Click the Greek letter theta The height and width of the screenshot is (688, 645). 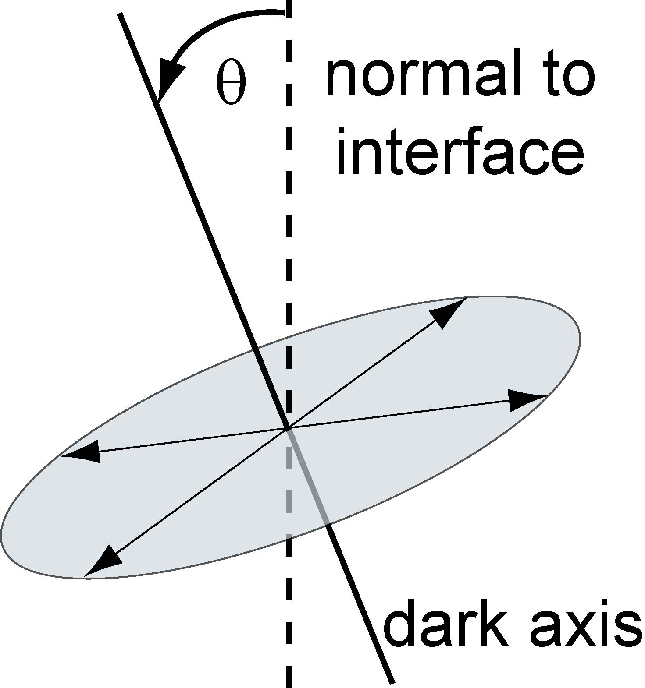pyautogui.click(x=231, y=83)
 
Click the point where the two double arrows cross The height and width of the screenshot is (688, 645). pyautogui.click(x=287, y=429)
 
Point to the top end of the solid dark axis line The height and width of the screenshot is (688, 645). pyautogui.click(x=120, y=14)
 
